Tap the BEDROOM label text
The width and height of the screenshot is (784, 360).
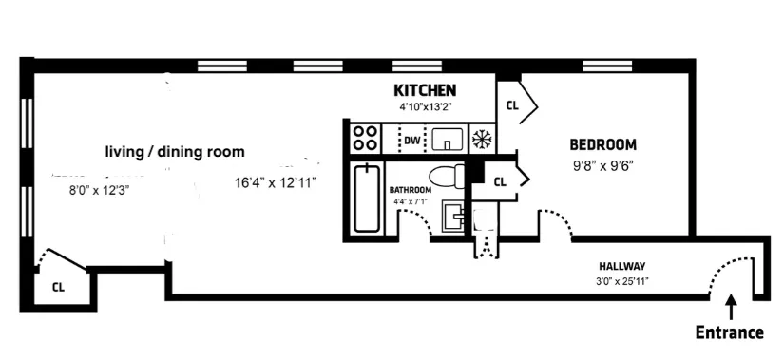point(602,145)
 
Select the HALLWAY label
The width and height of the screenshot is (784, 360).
point(622,266)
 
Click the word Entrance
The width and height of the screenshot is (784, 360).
point(730,332)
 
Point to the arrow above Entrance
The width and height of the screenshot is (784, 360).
point(730,308)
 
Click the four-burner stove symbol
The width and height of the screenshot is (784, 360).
point(365,139)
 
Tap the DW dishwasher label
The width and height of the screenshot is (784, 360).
point(411,142)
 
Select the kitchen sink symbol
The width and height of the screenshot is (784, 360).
point(446,141)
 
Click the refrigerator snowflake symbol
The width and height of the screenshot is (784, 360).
point(482,140)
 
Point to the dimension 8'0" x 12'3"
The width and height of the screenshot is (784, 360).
point(99,190)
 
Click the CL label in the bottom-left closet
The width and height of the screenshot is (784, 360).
point(58,286)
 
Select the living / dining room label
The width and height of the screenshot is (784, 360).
point(174,152)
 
